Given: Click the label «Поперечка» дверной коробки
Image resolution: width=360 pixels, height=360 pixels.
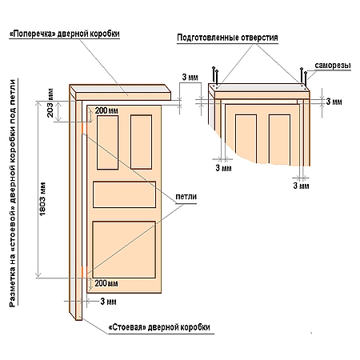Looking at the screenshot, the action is coord(64,34).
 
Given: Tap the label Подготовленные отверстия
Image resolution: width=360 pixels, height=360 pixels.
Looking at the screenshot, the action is coord(227,38).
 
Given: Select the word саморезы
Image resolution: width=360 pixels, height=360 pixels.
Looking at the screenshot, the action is coord(333,66).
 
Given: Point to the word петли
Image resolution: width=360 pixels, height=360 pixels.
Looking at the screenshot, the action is coord(186,197).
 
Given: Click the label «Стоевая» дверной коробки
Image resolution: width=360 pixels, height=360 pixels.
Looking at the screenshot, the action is coord(159,327).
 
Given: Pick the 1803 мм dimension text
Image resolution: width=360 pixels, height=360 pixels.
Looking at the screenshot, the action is coord(42,199).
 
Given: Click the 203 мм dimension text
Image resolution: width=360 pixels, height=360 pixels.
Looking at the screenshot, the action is coord(50,103).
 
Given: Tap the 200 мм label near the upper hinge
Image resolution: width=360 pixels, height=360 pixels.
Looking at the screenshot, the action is coord(106,110).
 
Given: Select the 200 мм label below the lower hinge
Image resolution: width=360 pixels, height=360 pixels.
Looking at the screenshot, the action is coord(106,283).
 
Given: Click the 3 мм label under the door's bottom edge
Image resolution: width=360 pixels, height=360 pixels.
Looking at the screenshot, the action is coord(108,302).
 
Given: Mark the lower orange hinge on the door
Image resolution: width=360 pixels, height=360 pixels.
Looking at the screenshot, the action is coord(83,271).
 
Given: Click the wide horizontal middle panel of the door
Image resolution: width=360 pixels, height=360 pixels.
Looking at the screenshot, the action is coord(124,194).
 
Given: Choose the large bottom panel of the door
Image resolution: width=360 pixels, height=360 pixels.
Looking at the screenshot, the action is coord(124,250).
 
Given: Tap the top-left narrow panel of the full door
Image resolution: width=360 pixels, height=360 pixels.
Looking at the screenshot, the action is coord(108,142).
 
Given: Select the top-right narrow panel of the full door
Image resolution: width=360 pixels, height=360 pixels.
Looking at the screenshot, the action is coord(142,142).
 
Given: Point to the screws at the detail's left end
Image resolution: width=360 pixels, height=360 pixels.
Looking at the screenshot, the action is coord(215,75).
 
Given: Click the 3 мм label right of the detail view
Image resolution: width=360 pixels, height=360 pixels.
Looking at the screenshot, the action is coord(334,102).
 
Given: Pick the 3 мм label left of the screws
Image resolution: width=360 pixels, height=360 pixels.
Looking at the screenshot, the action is coord(190,78).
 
